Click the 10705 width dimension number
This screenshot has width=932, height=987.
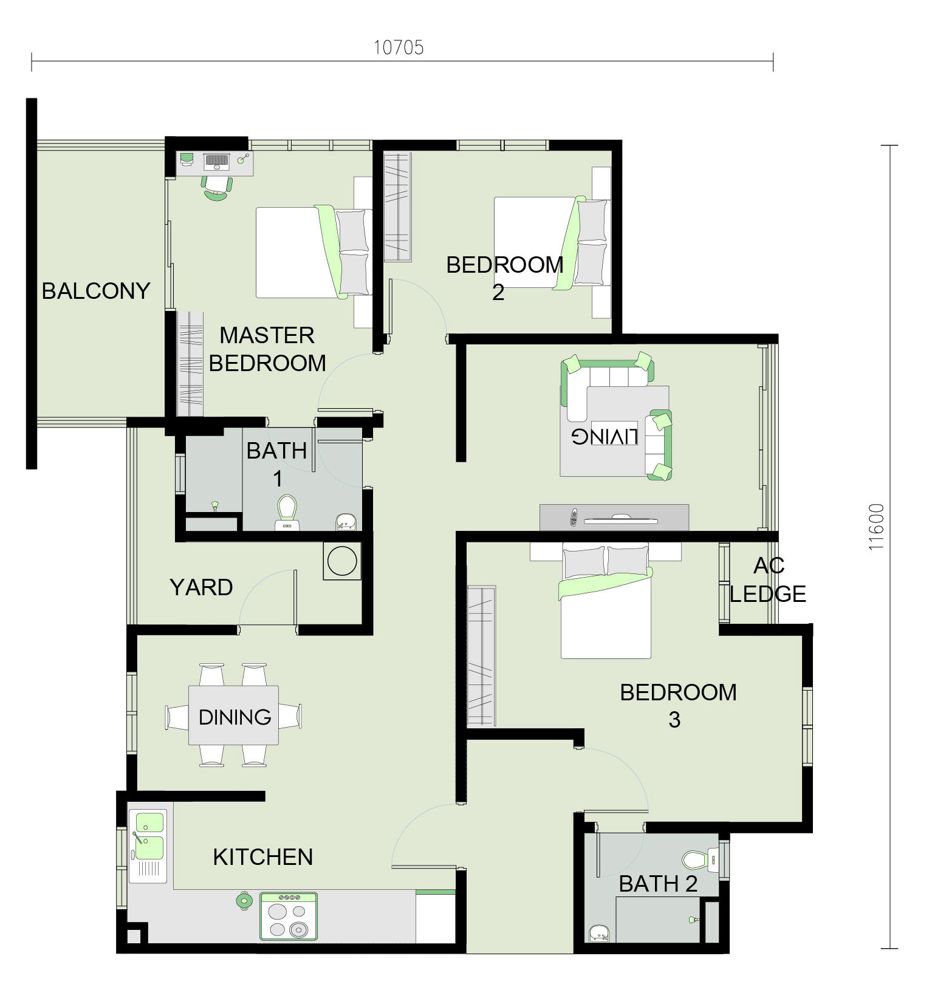tap(398, 47)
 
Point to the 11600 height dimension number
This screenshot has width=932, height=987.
tap(876, 527)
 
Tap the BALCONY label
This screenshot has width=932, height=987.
tap(96, 291)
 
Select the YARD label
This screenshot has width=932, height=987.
tap(201, 587)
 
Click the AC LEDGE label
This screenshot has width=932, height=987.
tap(768, 579)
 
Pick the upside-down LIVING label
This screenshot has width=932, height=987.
tap(605, 436)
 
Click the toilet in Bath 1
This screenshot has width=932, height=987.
tap(287, 513)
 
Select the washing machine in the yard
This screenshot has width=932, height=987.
tap(342, 560)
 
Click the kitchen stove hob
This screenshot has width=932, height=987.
tap(289, 916)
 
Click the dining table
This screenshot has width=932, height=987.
tap(234, 715)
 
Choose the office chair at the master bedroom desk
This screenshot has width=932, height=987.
tap(217, 188)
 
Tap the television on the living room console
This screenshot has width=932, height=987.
tap(620, 519)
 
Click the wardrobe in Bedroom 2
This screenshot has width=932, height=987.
tap(398, 207)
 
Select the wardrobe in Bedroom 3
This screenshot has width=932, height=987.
tap(482, 656)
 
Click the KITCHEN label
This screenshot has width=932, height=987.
tap(263, 857)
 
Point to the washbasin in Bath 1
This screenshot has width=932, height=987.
tap(346, 521)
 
